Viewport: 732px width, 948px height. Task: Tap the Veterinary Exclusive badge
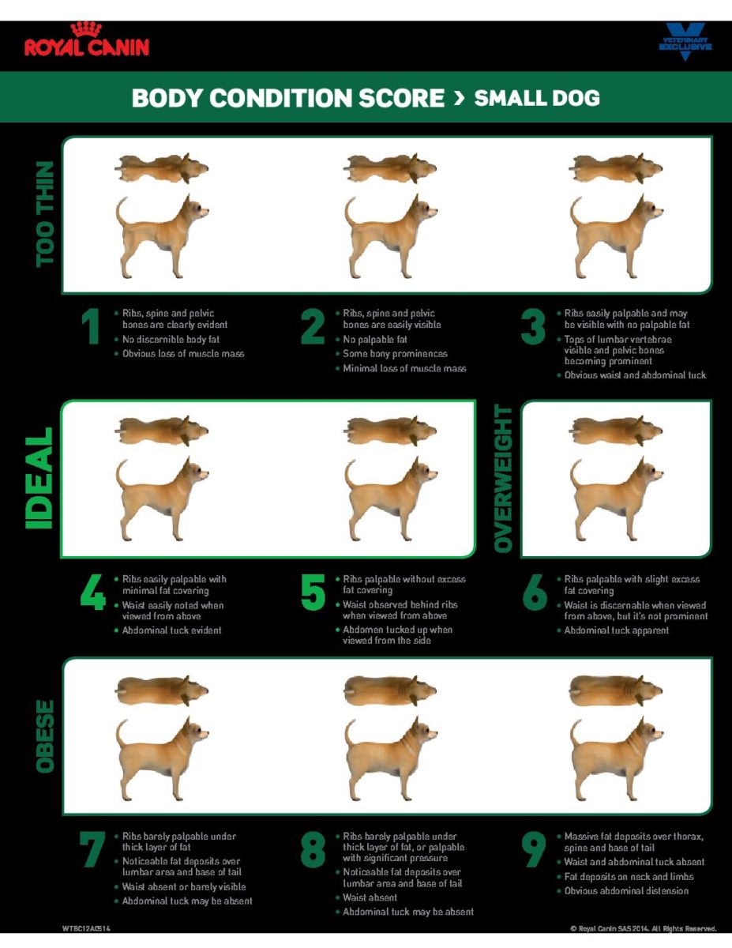(685, 43)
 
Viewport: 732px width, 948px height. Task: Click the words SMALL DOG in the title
(537, 98)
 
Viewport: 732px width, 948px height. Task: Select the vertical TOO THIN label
(46, 214)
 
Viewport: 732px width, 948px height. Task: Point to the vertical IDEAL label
(39, 478)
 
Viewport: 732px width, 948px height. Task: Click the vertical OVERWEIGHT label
(504, 479)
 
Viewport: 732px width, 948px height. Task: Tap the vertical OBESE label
(46, 735)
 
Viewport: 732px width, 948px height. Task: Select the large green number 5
(313, 593)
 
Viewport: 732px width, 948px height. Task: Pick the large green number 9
(535, 850)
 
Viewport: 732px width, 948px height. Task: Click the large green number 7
(92, 850)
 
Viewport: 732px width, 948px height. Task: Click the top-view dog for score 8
(390, 690)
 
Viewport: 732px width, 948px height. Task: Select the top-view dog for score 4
(162, 431)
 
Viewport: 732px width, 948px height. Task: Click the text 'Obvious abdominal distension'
(626, 891)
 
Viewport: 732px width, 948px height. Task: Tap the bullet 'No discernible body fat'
(170, 339)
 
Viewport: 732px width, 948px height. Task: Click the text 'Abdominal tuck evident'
(171, 630)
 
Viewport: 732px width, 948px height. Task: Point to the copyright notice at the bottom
(643, 928)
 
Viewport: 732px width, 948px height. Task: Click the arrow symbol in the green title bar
(459, 98)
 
